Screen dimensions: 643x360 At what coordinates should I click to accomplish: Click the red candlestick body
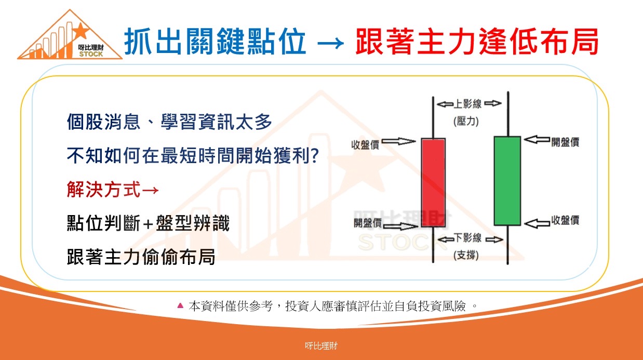pyautogui.click(x=433, y=182)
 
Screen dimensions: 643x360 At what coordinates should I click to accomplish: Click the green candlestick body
pyautogui.click(x=507, y=181)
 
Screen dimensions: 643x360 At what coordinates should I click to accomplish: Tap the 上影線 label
pyautogui.click(x=467, y=104)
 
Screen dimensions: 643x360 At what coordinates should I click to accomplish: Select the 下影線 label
pyautogui.click(x=467, y=238)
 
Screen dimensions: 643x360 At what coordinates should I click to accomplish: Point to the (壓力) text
pyautogui.click(x=466, y=122)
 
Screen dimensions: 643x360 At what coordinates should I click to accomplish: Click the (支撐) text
pyautogui.click(x=466, y=255)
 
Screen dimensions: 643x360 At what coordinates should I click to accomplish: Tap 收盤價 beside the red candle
pyautogui.click(x=365, y=145)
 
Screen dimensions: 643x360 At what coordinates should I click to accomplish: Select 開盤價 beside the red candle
pyautogui.click(x=367, y=222)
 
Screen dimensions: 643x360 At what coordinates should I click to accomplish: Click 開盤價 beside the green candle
pyautogui.click(x=565, y=142)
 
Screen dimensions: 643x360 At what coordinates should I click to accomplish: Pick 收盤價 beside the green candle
pyautogui.click(x=565, y=220)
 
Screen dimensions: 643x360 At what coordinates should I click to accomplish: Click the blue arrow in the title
pyautogui.click(x=331, y=43)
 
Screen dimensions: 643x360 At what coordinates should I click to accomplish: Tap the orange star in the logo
pyautogui.click(x=81, y=31)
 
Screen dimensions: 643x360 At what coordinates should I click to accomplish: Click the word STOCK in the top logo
pyautogui.click(x=91, y=54)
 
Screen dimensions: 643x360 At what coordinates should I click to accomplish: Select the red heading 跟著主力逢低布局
pyautogui.click(x=477, y=42)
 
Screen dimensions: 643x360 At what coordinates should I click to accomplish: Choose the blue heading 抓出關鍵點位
pyautogui.click(x=215, y=42)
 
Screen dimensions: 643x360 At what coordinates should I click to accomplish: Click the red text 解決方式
pyautogui.click(x=104, y=190)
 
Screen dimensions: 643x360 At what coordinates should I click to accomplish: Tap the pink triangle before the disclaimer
pyautogui.click(x=180, y=305)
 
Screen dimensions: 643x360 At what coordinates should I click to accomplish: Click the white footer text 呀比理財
pyautogui.click(x=321, y=345)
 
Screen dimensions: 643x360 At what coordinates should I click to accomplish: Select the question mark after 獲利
pyautogui.click(x=315, y=156)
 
